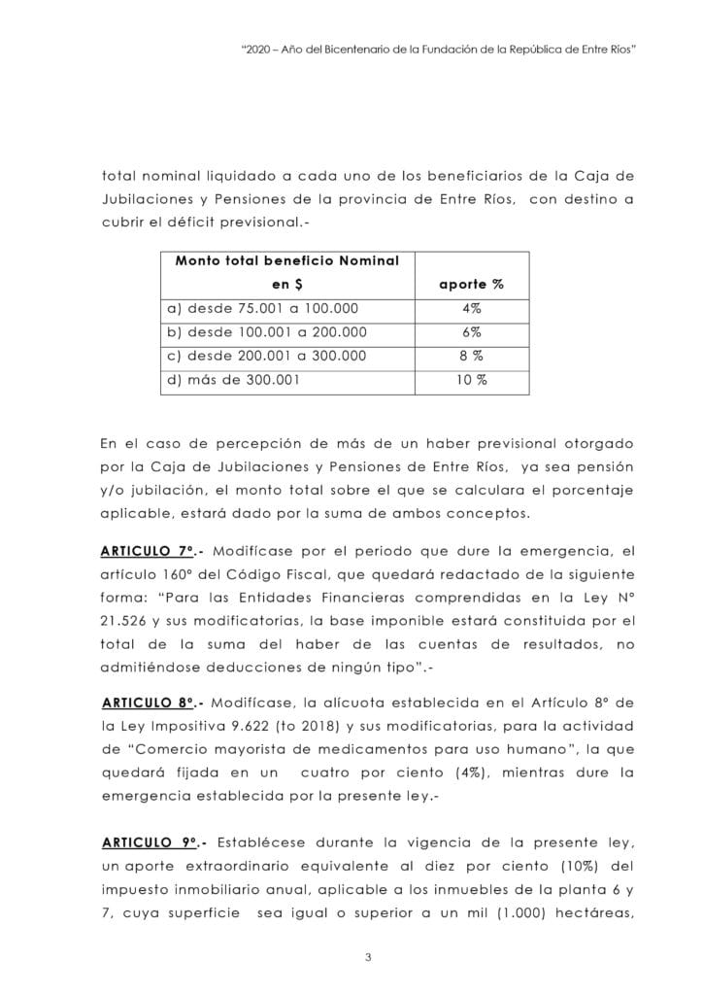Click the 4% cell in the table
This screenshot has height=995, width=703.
click(x=471, y=309)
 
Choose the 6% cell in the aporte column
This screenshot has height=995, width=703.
click(x=471, y=332)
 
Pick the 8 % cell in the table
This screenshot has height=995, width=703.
click(x=471, y=356)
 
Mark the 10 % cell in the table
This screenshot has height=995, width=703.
click(x=471, y=380)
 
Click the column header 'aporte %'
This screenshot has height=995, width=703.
click(x=471, y=285)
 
